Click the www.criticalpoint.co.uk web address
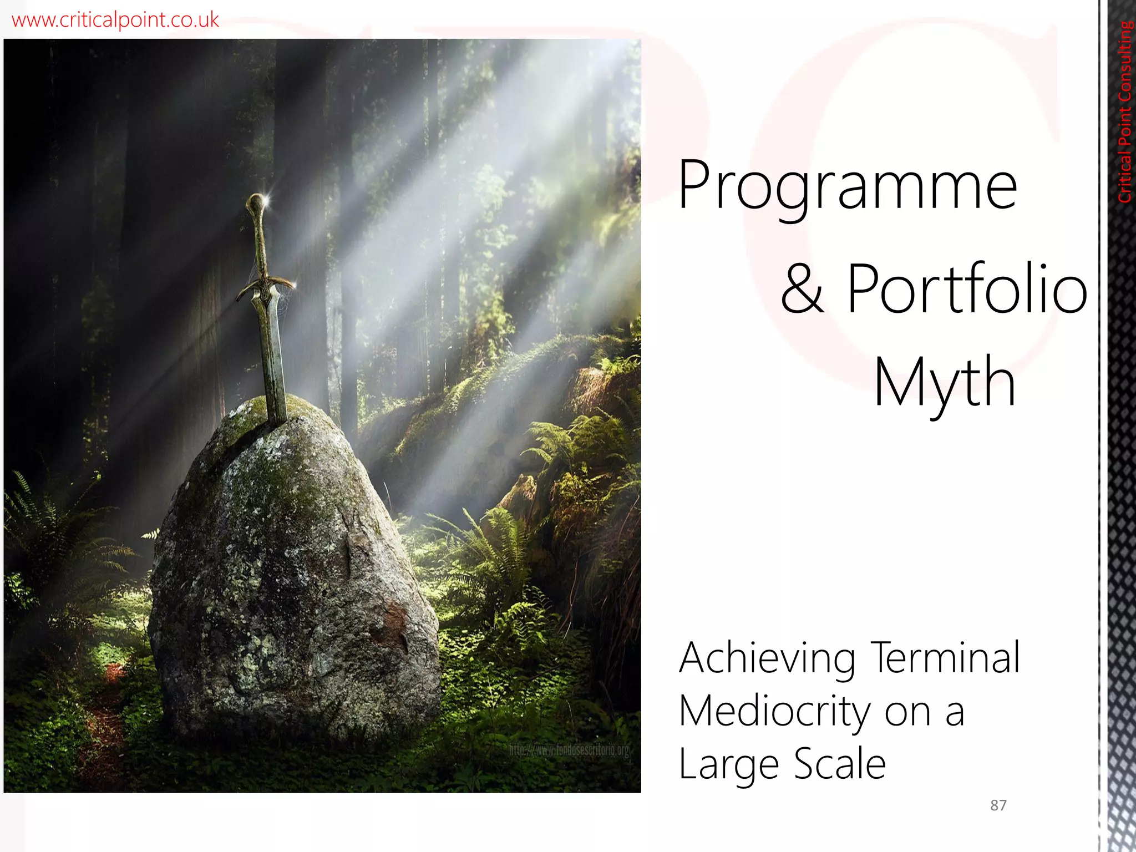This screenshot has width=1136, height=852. pos(115,20)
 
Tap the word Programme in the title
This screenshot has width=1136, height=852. pos(848,186)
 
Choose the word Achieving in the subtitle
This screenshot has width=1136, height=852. pos(767,658)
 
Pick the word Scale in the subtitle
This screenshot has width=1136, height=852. pos(840,764)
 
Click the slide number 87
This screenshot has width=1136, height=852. pos(998,805)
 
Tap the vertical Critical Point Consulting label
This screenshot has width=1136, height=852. pos(1125,111)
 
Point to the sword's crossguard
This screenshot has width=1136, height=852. pos(265,286)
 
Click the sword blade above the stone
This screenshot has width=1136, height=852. pos(272,349)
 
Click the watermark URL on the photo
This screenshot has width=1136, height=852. pos(569,751)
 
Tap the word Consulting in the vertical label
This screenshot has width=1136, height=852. pos(1125,61)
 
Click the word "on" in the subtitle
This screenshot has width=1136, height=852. pos(908,712)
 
